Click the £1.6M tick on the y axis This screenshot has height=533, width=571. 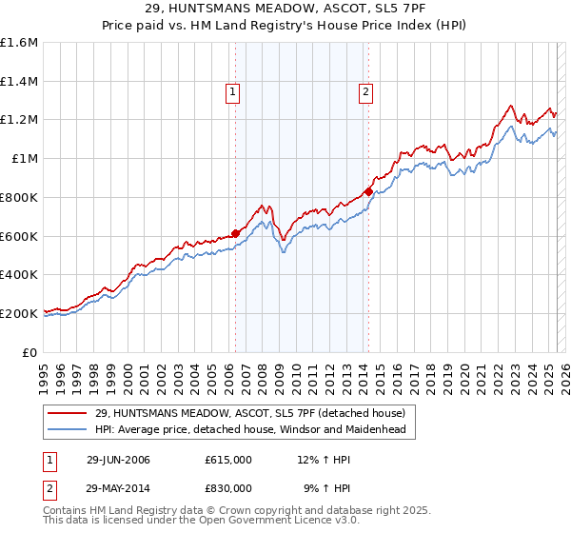(x=20, y=43)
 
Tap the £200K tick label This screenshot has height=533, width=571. (x=19, y=313)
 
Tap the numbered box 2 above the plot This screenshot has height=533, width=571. (x=365, y=92)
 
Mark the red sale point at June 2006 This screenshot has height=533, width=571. (x=235, y=232)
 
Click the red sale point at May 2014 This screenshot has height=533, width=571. (x=368, y=191)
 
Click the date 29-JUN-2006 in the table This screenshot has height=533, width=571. (x=118, y=461)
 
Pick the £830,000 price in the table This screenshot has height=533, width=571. (x=228, y=487)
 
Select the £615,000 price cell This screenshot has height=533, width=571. (x=228, y=461)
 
